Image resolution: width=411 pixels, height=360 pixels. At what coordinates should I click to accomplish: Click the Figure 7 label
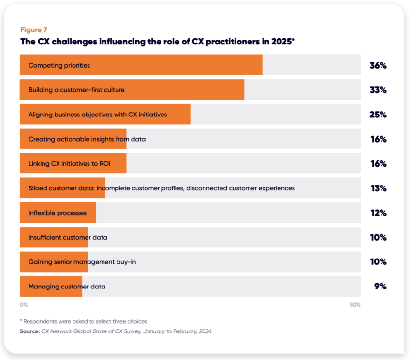click(x=34, y=30)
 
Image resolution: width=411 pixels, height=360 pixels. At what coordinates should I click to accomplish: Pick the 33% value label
click(x=378, y=90)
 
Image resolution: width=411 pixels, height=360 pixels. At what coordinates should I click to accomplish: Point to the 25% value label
click(x=378, y=115)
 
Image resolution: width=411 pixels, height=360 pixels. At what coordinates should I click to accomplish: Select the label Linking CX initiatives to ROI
click(x=69, y=164)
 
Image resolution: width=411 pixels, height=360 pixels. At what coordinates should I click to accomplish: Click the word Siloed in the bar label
click(x=38, y=188)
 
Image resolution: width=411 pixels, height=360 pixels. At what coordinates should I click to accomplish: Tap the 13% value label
click(x=378, y=188)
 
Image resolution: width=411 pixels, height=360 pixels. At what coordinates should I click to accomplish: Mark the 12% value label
click(x=378, y=213)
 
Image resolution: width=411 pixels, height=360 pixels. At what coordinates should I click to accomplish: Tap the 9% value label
click(x=380, y=287)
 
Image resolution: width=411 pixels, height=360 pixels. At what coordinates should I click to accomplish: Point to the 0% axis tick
click(x=24, y=305)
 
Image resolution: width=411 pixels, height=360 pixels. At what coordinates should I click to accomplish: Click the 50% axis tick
click(x=355, y=305)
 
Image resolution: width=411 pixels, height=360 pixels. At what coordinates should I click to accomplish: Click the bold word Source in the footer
click(x=29, y=331)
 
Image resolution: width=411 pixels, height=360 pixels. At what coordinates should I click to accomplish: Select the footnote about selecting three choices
click(x=83, y=321)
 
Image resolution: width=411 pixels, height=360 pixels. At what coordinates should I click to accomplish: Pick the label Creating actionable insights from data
click(x=87, y=139)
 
